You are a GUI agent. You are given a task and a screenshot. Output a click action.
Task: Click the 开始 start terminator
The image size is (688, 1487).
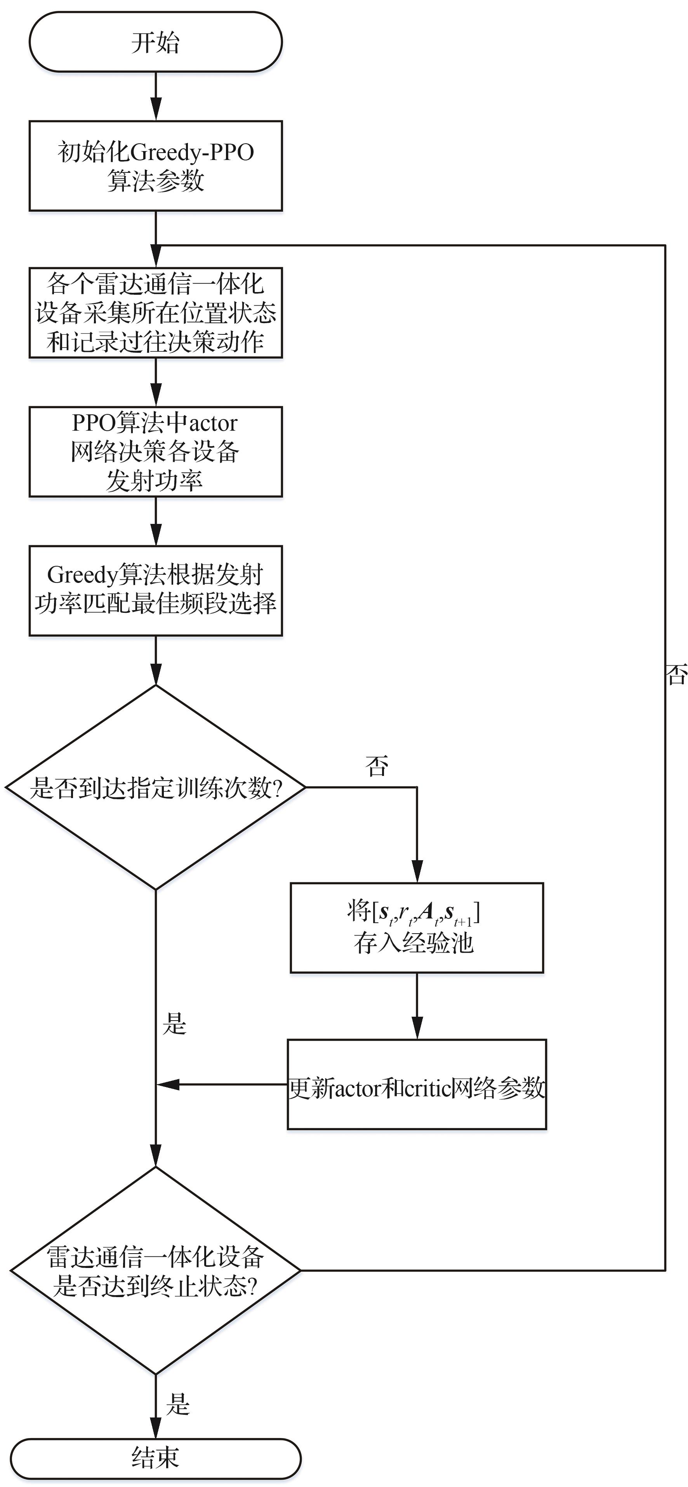(x=155, y=42)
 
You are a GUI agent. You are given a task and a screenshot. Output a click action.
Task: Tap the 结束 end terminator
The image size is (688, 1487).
(x=155, y=1457)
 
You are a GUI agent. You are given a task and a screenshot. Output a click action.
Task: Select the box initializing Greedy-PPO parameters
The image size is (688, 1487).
(x=155, y=166)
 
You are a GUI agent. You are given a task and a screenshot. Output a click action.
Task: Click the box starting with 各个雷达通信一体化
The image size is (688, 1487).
(x=155, y=312)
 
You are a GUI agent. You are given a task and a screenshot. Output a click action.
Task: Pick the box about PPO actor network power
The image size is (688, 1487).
(x=155, y=451)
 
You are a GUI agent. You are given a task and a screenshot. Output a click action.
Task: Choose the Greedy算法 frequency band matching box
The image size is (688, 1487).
(x=155, y=590)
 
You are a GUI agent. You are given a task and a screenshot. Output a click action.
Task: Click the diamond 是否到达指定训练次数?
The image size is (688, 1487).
(x=155, y=787)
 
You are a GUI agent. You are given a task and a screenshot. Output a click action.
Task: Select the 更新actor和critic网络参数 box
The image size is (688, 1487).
(x=416, y=1085)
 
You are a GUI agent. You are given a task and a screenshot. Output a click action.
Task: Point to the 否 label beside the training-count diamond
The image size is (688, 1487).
(x=376, y=766)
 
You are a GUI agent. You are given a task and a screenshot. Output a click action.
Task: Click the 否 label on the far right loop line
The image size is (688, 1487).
(x=676, y=674)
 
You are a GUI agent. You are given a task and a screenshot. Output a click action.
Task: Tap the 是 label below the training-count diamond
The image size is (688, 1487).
(x=174, y=1023)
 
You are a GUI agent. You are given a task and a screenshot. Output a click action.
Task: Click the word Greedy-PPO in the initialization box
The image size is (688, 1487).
(x=192, y=152)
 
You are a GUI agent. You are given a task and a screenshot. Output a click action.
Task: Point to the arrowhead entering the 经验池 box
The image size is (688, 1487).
(x=417, y=871)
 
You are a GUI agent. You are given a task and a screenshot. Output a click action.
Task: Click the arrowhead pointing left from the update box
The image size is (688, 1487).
(x=167, y=1085)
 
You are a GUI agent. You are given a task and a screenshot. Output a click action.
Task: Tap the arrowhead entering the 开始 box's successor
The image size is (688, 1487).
(x=156, y=110)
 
